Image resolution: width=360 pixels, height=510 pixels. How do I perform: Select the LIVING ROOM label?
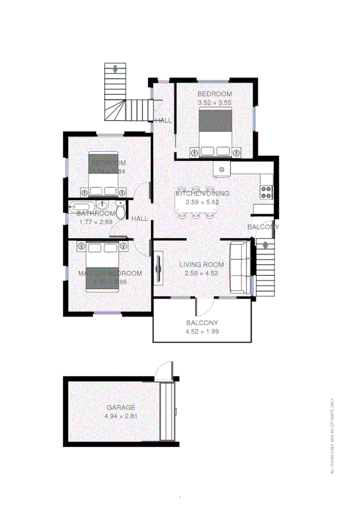click(x=202, y=264)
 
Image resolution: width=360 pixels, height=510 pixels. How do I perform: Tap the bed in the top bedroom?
click(x=214, y=135)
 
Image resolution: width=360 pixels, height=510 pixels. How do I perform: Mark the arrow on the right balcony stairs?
click(x=265, y=246)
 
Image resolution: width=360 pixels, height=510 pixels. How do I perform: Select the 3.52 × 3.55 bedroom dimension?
click(x=214, y=103)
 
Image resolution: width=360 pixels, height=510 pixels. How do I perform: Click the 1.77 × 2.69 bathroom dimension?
click(x=96, y=222)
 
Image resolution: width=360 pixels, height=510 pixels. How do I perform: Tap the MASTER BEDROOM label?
click(x=110, y=273)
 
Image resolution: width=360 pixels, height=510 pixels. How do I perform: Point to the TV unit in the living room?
click(x=159, y=268)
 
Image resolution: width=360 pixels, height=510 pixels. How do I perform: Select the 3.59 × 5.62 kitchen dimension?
click(x=202, y=202)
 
